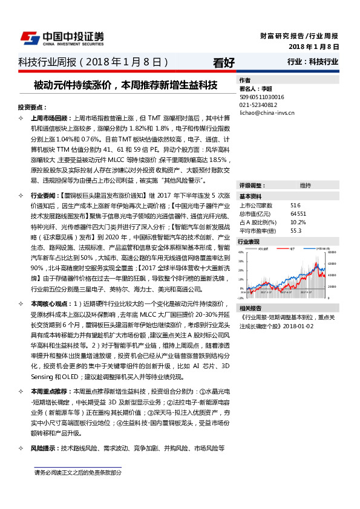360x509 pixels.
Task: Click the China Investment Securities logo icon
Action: click(30, 38)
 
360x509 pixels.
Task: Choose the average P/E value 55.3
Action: click(296, 230)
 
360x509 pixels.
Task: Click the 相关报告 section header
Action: click(251, 308)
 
